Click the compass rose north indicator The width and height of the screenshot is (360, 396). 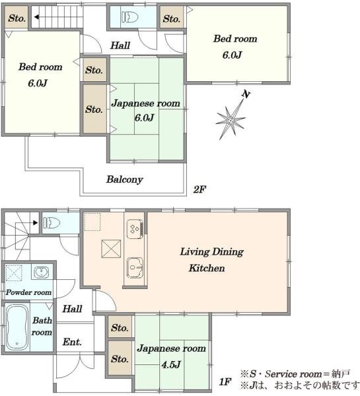pyautogui.click(x=231, y=118)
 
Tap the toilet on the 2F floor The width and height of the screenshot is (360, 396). pyautogui.click(x=129, y=17)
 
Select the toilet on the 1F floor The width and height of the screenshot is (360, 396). pyautogui.click(x=52, y=223)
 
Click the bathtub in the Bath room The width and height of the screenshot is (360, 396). pyautogui.click(x=17, y=327)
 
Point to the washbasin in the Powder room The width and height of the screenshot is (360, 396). pyautogui.click(x=40, y=272)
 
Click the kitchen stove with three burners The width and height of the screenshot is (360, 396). pyautogui.click(x=135, y=229)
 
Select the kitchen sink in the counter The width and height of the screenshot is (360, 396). pyautogui.click(x=135, y=268)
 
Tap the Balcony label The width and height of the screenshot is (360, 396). pyautogui.click(x=124, y=180)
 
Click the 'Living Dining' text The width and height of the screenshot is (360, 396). pyautogui.click(x=211, y=252)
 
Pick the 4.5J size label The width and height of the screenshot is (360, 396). pyautogui.click(x=171, y=365)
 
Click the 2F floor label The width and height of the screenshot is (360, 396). pyautogui.click(x=199, y=189)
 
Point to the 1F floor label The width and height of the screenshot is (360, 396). pyautogui.click(x=225, y=381)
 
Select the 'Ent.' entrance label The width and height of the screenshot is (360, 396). pyautogui.click(x=72, y=342)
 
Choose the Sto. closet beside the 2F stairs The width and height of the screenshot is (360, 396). pyautogui.click(x=17, y=17)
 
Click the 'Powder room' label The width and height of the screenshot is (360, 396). pyautogui.click(x=28, y=292)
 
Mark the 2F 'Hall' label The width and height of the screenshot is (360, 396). pyautogui.click(x=120, y=46)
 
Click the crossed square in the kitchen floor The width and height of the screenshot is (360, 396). pyautogui.click(x=111, y=249)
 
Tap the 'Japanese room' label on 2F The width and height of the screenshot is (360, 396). pyautogui.click(x=146, y=104)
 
